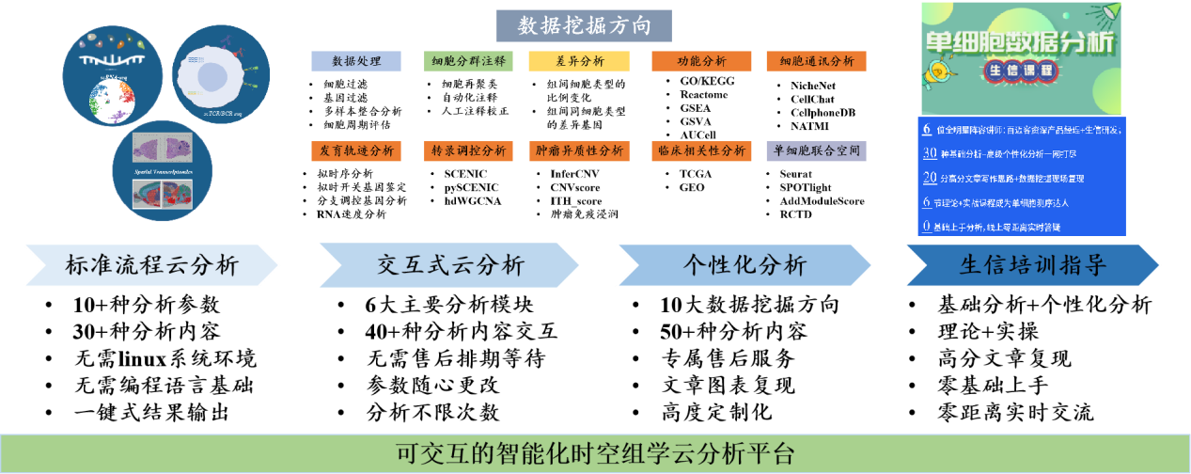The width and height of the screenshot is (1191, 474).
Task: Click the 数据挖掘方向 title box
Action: pyautogui.click(x=584, y=25)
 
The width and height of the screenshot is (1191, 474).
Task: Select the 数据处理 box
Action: pyautogui.click(x=356, y=61)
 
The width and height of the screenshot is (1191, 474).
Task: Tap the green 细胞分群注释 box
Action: pyautogui.click(x=468, y=61)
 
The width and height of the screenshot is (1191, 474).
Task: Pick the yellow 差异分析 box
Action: pyautogui.click(x=579, y=61)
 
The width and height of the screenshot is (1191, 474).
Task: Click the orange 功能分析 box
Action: pyautogui.click(x=701, y=61)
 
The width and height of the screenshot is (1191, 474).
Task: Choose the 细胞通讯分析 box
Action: pyautogui.click(x=816, y=61)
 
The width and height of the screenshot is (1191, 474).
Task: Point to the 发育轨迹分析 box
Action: pyautogui.click(x=356, y=150)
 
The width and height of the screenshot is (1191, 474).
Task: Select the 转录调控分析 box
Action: pyautogui.click(x=468, y=150)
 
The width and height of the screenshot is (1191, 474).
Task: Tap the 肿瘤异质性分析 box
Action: pyautogui.click(x=579, y=150)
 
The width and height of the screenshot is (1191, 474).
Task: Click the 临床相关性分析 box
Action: pyautogui.click(x=701, y=150)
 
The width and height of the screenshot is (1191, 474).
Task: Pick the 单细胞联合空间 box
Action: pyautogui.click(x=816, y=150)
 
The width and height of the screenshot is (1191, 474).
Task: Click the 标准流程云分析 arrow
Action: pyautogui.click(x=150, y=265)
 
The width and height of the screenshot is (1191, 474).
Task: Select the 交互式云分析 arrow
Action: pyautogui.click(x=449, y=265)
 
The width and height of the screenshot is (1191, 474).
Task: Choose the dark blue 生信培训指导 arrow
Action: pyautogui.click(x=1031, y=265)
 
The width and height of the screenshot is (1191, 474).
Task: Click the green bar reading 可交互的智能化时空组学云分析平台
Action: pyautogui.click(x=595, y=454)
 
